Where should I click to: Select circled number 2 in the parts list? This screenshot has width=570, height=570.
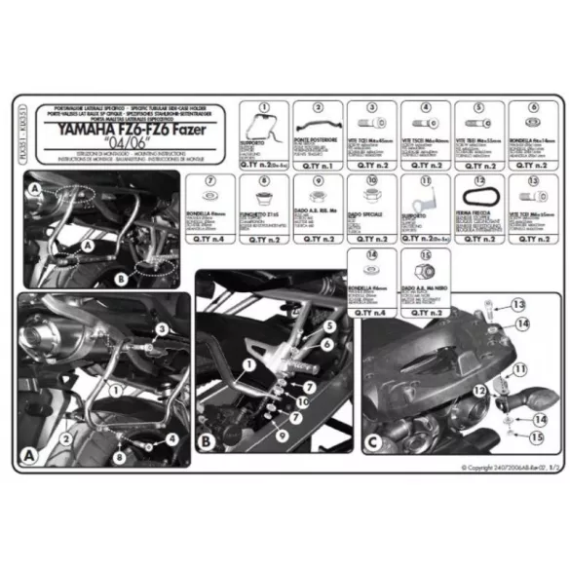tap(316, 108)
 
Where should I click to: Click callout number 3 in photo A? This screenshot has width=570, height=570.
tap(162, 327)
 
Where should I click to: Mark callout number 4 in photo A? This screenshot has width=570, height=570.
tap(171, 438)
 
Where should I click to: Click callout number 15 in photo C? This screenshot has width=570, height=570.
tap(535, 437)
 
